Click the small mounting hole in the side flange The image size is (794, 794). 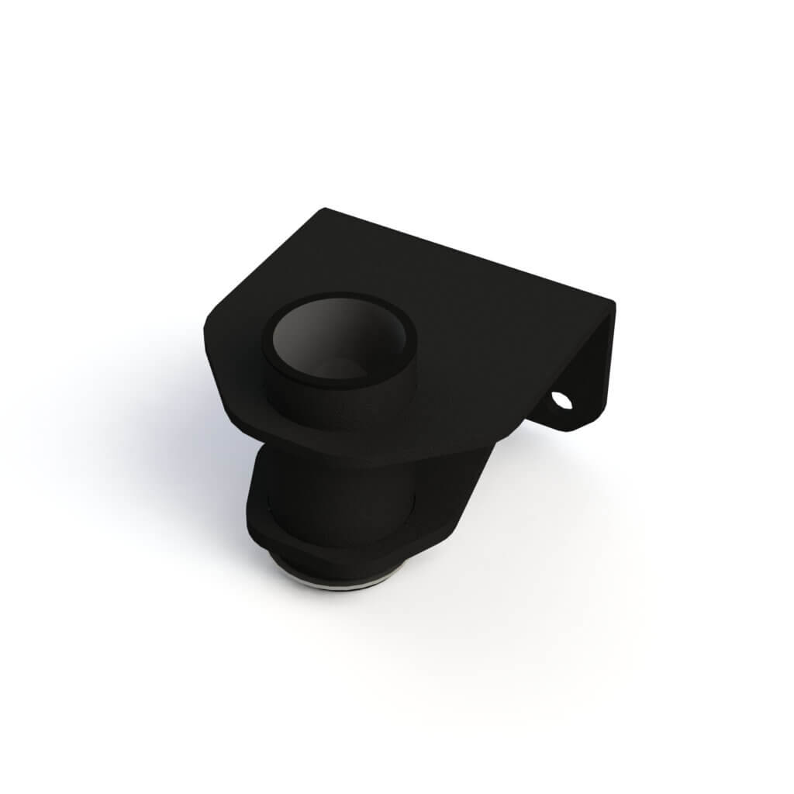click(561, 401)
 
